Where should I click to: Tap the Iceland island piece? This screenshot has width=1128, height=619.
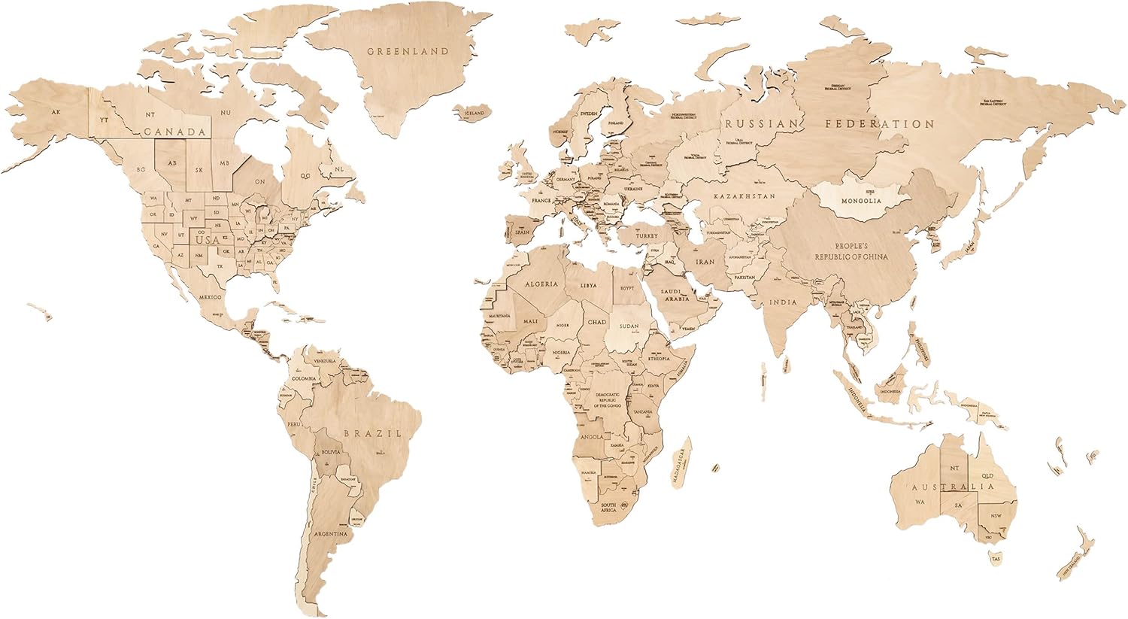tap(474, 114)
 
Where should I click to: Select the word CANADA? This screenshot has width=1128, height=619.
tap(174, 132)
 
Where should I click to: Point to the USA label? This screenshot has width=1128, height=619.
tap(208, 239)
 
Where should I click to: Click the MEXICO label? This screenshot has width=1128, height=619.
tap(211, 297)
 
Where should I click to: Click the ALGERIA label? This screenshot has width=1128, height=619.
tap(541, 284)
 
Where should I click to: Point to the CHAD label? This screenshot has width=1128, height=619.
tap(596, 322)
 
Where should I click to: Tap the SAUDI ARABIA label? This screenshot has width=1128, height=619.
tap(675, 295)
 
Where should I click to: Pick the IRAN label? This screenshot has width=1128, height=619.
tap(705, 262)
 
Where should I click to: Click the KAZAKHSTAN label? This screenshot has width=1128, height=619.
tap(744, 196)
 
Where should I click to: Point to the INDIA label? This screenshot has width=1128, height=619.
tap(782, 302)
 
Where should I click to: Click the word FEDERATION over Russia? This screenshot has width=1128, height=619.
tap(879, 123)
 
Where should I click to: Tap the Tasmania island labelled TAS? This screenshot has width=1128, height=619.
tap(996, 559)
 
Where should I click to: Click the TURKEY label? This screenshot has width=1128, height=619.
tap(646, 235)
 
